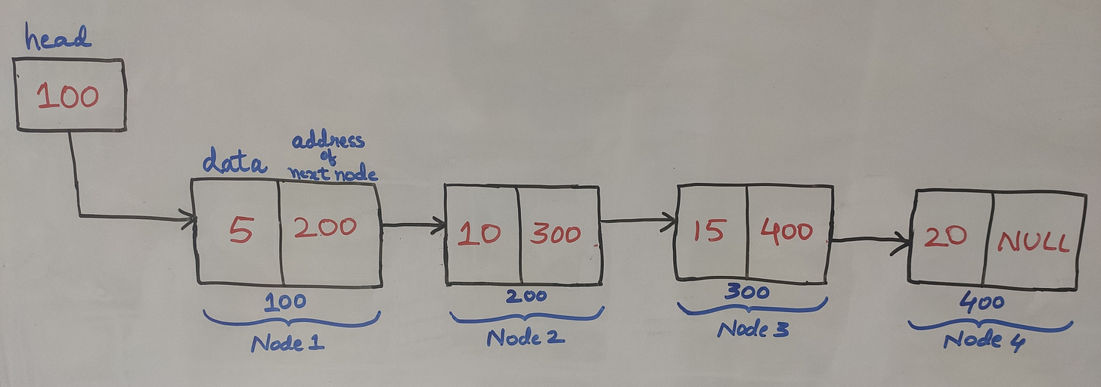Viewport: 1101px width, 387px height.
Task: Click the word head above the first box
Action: [x=57, y=38]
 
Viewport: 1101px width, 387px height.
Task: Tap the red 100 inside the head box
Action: [x=68, y=97]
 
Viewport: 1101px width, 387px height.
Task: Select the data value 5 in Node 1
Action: [x=240, y=230]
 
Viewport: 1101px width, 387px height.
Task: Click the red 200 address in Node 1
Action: [x=325, y=228]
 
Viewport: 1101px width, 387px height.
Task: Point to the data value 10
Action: [x=479, y=233]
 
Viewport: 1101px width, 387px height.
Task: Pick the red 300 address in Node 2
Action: [x=557, y=234]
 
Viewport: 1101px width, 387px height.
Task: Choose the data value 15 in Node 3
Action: [x=709, y=231]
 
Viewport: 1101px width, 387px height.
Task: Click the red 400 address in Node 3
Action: [x=786, y=231]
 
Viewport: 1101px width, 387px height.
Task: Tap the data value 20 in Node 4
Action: [x=945, y=236]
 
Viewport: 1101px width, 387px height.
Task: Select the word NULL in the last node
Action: [x=1033, y=242]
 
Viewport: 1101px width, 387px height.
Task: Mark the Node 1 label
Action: [x=287, y=342]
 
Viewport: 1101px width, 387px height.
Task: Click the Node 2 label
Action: [x=526, y=336]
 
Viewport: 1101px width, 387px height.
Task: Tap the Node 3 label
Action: [x=752, y=330]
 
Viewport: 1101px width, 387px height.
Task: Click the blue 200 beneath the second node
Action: [x=526, y=296]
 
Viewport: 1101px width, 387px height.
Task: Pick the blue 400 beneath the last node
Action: [x=982, y=304]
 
